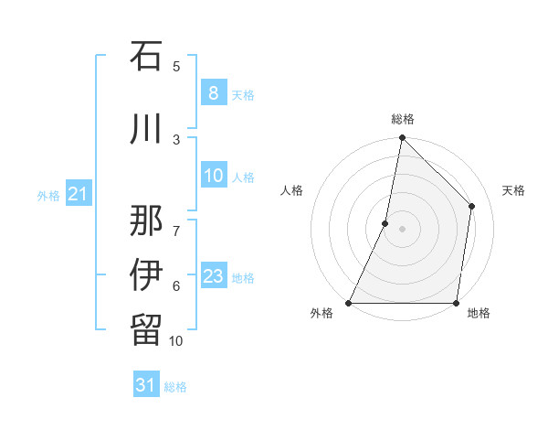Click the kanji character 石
pos(146,57)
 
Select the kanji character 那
pos(146,219)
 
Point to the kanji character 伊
pos(146,274)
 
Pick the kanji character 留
pos(146,328)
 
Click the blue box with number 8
pos(213,93)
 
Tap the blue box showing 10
pos(213,177)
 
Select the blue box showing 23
pos(213,276)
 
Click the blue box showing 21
pos(78,195)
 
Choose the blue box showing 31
pos(146,385)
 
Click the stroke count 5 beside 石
pos(176,67)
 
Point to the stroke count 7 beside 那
pos(176,222)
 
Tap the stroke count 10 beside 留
pos(176,341)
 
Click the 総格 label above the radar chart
pos(402,119)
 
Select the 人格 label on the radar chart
pos(292,190)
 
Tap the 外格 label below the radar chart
pos(321,314)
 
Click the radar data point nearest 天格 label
pos(472,206)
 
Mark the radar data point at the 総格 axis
pos(402,137)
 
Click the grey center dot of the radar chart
pos(402,229)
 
